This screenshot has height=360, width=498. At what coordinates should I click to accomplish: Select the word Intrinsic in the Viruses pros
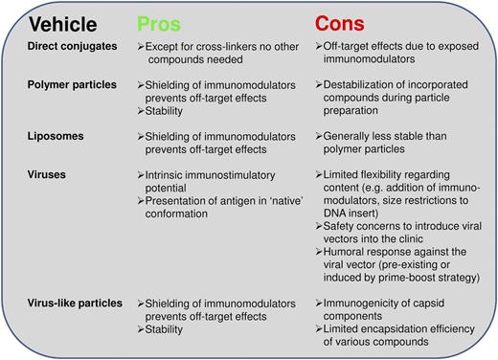(x=164, y=176)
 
